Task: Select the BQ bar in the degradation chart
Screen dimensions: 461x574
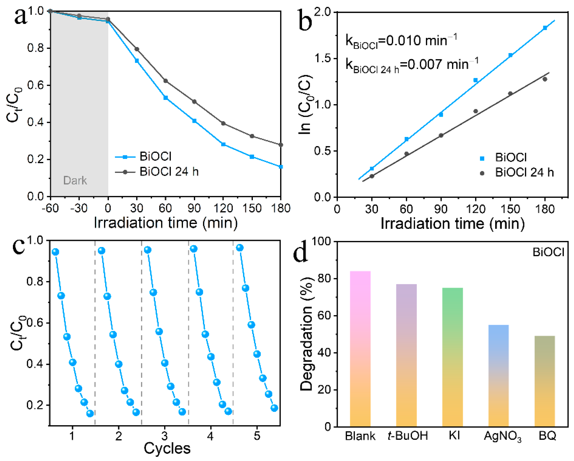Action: click(x=544, y=381)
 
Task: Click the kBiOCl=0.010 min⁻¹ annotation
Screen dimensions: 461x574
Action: click(x=401, y=41)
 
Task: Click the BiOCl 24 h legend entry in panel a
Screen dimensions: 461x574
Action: click(x=169, y=172)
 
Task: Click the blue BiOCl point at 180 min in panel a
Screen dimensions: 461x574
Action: click(x=281, y=167)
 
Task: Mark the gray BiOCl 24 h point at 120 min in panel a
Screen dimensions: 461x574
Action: click(x=223, y=124)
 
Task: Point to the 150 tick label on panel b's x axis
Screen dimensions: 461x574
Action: click(x=510, y=209)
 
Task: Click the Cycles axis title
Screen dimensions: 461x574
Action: click(x=167, y=449)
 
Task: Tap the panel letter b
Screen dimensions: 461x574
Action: click(x=305, y=20)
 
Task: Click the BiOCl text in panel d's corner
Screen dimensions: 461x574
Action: click(x=548, y=252)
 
